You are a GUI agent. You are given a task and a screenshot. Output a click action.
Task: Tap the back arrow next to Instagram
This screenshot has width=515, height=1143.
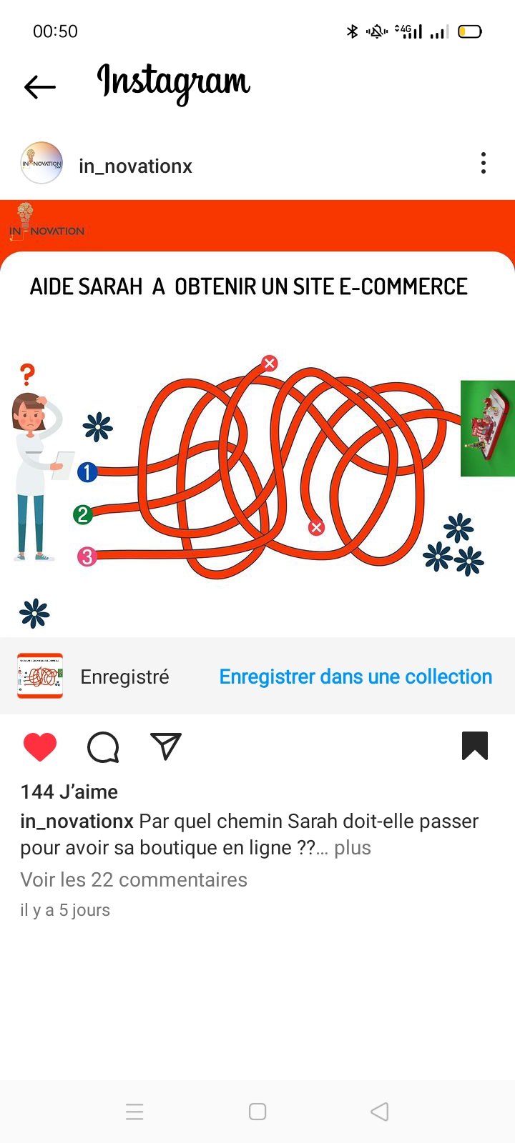(x=40, y=86)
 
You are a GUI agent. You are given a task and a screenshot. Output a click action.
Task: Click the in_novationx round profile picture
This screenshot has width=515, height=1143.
(x=41, y=163)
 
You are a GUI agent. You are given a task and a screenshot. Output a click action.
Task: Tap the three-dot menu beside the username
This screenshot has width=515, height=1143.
(x=484, y=164)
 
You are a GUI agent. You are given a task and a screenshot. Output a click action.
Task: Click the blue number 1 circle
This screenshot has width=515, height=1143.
(x=87, y=472)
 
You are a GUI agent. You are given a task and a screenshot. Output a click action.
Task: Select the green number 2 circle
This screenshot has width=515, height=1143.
(x=83, y=514)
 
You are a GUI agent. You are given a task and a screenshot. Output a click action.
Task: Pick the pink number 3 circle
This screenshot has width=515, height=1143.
(x=87, y=556)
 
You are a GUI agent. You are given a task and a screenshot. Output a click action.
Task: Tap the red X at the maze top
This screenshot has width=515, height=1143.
(x=270, y=363)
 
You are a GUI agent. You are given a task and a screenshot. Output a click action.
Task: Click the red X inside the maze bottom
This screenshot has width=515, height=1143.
(x=316, y=528)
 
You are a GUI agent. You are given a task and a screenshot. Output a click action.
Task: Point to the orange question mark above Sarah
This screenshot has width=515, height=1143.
(x=27, y=374)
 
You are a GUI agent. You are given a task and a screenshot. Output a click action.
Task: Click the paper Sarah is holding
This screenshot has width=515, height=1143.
(x=64, y=465)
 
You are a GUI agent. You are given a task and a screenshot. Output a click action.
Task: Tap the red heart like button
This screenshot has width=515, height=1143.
(x=40, y=747)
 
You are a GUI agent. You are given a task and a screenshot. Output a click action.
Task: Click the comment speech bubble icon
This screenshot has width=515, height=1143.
(x=103, y=747)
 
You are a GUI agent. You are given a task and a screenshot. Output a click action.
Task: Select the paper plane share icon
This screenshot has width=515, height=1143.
(x=165, y=746)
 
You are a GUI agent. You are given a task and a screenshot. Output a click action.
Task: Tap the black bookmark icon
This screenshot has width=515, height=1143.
(x=475, y=746)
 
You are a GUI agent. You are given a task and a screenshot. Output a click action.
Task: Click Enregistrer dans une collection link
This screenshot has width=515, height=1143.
(x=355, y=677)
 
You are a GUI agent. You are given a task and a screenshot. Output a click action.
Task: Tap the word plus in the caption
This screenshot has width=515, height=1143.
(x=353, y=847)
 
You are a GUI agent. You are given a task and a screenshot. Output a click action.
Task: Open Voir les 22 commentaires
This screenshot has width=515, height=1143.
(x=134, y=879)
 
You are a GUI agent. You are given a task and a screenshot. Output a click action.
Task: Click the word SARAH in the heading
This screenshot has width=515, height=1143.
(x=110, y=286)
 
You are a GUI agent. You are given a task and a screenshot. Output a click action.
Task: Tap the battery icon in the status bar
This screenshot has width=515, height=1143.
(x=469, y=31)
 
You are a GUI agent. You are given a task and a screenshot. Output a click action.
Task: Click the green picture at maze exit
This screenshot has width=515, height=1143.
(x=487, y=428)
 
